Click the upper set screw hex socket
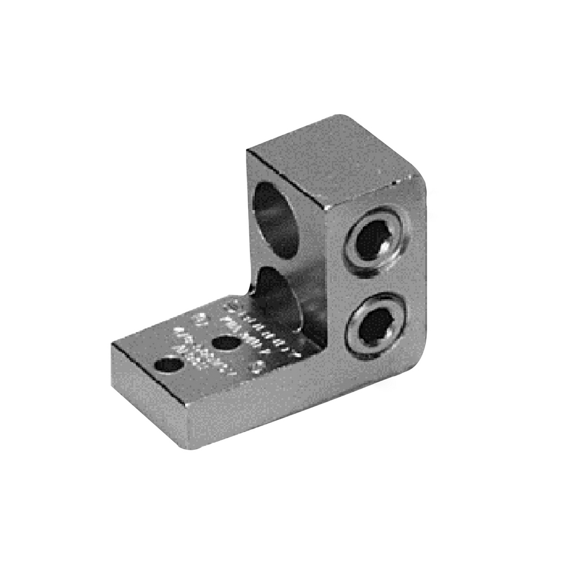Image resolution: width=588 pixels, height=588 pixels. point(375,238)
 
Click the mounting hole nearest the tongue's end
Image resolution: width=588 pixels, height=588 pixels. point(169,365)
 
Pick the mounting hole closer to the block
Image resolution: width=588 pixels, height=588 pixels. point(225,342)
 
